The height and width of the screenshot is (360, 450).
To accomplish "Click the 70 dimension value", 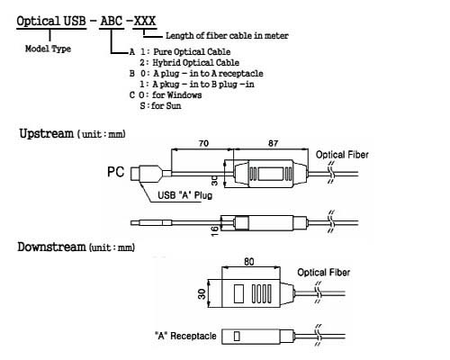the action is click(203, 143).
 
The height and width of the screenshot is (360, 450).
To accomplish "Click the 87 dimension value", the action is click(273, 143).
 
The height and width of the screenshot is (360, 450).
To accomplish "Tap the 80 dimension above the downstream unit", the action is click(249, 262).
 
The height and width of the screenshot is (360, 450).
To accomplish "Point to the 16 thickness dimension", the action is click(214, 231).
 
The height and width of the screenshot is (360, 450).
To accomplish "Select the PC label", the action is click(115, 172).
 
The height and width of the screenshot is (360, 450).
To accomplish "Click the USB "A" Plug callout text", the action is click(184, 195).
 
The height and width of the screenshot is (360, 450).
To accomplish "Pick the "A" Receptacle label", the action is click(185, 336).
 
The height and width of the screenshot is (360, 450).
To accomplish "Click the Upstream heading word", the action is click(46, 133).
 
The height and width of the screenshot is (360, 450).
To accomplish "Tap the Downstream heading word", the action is click(51, 247).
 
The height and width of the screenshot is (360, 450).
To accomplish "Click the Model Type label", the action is click(48, 49).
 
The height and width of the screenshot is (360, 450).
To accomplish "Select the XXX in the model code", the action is click(145, 21).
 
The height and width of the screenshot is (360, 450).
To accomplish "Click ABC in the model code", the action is click(112, 21).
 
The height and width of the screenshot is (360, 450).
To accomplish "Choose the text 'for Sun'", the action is click(166, 105).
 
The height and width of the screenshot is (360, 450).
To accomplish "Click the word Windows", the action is click(184, 95).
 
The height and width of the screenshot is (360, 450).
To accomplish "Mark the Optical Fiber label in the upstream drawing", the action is click(342, 155).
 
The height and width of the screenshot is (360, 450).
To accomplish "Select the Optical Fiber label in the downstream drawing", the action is click(324, 273).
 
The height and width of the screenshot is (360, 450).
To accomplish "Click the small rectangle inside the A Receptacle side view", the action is click(237, 336).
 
